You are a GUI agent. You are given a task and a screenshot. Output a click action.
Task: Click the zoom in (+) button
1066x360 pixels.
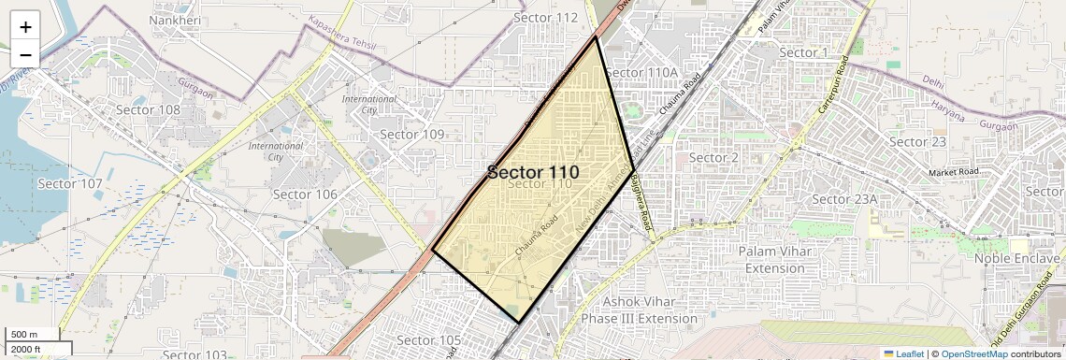click(x=25, y=26)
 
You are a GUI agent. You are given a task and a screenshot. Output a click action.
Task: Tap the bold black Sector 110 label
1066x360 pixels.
click(x=533, y=173)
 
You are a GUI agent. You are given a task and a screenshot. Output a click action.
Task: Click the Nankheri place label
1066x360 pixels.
click(x=175, y=19)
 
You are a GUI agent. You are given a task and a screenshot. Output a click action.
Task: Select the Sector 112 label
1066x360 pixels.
click(x=546, y=18)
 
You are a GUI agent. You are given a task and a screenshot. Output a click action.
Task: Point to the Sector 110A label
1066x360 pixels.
click(x=641, y=72)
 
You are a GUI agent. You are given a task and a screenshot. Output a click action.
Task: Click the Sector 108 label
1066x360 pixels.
click(x=148, y=109)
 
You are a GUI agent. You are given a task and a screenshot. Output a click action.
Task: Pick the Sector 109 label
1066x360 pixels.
click(x=412, y=135)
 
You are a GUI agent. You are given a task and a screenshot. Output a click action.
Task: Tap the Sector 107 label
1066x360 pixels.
click(x=70, y=183)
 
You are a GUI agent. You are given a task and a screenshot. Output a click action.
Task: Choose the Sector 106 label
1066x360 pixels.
click(x=304, y=194)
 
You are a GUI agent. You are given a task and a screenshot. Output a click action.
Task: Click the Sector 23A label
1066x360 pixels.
click(x=844, y=199)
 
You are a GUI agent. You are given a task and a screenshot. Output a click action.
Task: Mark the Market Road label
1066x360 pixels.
click(x=954, y=172)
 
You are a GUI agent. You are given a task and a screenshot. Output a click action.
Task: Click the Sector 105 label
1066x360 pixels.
click(x=429, y=339)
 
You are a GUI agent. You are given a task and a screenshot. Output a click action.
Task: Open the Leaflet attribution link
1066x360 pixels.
click(x=904, y=353)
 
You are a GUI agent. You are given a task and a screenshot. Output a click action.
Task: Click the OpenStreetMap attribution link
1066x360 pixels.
click(x=973, y=353)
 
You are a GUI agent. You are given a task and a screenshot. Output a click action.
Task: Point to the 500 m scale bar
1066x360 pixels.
click(x=34, y=335)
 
